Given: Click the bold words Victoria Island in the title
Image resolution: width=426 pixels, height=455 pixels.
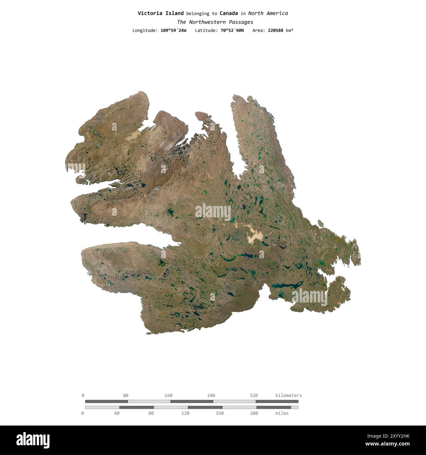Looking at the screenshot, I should pyautogui.click(x=161, y=13).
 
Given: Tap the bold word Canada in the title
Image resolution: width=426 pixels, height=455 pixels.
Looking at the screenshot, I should pyautogui.click(x=229, y=13).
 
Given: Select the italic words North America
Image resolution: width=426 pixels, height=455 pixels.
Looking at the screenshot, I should pyautogui.click(x=268, y=13).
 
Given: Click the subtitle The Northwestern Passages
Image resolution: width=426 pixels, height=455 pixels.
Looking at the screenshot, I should pyautogui.click(x=215, y=22).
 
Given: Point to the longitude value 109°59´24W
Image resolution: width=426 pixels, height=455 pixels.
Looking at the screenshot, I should pyautogui.click(x=173, y=30).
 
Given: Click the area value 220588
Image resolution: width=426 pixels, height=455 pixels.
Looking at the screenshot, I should pyautogui.click(x=276, y=30).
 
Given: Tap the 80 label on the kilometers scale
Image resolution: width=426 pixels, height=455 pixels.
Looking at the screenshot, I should pyautogui.click(x=126, y=395).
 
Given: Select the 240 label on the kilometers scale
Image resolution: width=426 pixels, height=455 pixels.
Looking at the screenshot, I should pyautogui.click(x=211, y=395).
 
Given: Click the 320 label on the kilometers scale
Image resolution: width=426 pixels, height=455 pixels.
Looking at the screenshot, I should pyautogui.click(x=254, y=395).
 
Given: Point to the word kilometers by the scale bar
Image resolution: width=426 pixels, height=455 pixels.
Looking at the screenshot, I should pyautogui.click(x=289, y=395).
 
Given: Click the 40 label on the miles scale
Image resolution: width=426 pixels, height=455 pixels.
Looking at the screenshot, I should pyautogui.click(x=117, y=413).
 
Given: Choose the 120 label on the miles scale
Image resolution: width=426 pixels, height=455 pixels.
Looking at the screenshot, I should pyautogui.click(x=185, y=413).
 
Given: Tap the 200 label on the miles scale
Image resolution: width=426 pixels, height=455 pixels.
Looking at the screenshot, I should pyautogui.click(x=254, y=413).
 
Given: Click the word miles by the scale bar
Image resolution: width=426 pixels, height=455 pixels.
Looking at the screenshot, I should pyautogui.click(x=282, y=413).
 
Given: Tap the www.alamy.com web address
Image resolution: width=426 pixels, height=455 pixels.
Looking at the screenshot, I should pyautogui.click(x=387, y=444).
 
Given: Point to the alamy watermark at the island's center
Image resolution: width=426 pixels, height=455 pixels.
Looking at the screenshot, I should pyautogui.click(x=213, y=212).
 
